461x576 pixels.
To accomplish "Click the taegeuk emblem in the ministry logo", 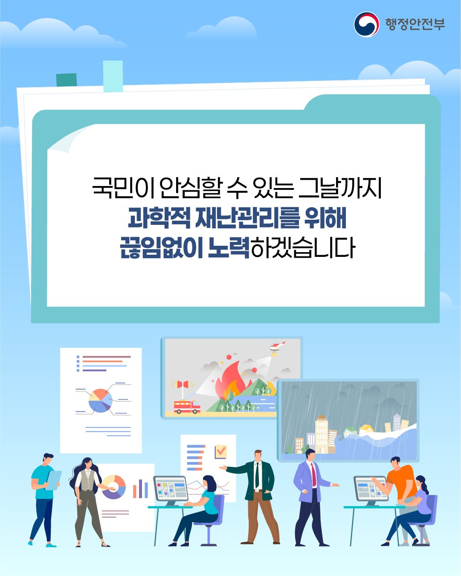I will tap(366, 24).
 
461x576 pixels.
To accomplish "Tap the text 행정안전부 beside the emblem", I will tap(415, 24).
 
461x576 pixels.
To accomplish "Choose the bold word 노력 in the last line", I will tap(229, 247).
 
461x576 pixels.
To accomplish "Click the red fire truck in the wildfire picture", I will tap(187, 407).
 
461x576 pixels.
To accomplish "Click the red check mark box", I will tap(220, 451).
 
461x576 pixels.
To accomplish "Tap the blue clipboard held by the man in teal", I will tap(53, 480).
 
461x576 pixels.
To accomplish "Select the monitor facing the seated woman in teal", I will tap(171, 489).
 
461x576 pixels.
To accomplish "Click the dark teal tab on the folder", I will tap(67, 80).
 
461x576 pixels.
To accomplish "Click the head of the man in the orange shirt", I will tap(395, 462).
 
